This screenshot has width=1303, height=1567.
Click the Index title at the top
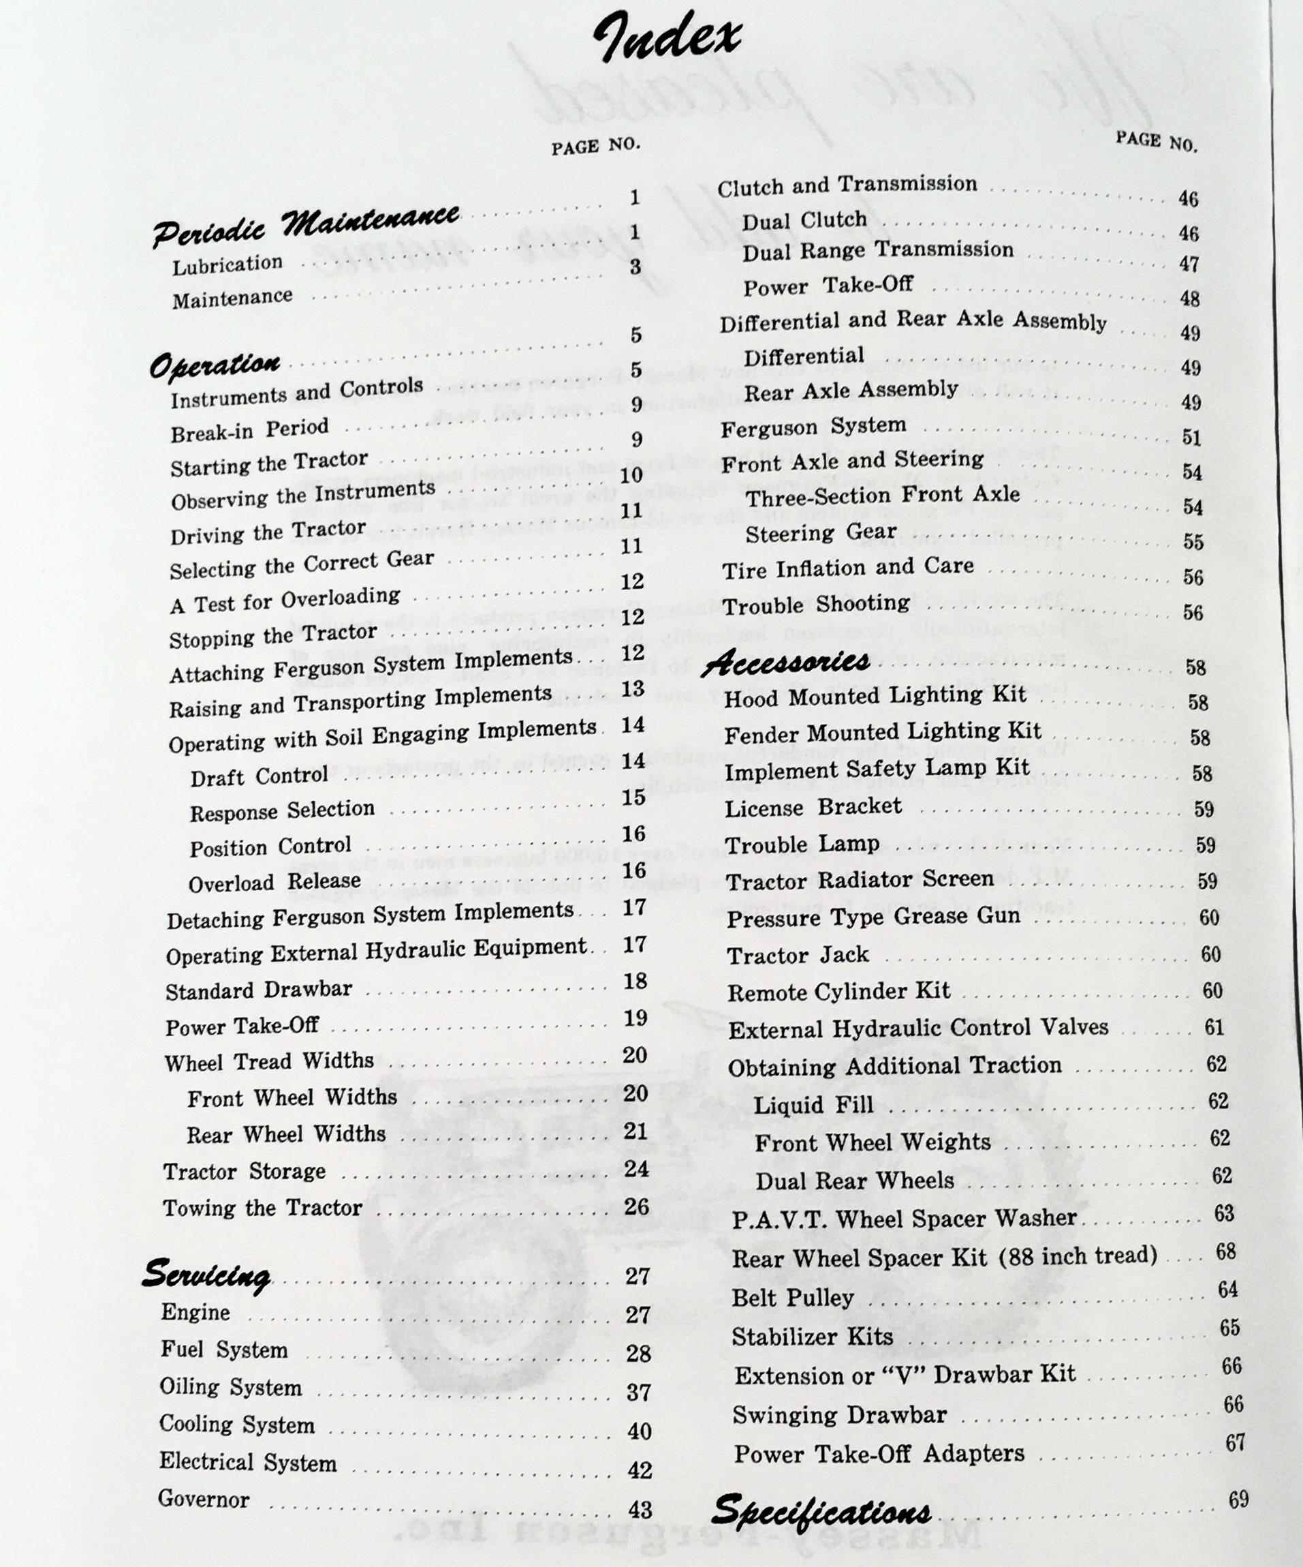(667, 39)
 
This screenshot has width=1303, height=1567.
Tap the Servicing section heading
(206, 1273)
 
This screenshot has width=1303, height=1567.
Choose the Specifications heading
(821, 1510)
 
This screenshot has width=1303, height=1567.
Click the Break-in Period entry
(249, 431)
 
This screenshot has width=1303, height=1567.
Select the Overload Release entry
(274, 883)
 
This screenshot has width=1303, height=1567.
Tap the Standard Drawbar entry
(258, 990)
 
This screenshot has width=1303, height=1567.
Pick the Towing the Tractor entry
(262, 1207)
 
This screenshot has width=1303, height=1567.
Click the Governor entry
(204, 1498)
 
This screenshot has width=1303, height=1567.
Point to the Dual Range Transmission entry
(878, 251)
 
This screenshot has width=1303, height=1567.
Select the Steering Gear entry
(821, 533)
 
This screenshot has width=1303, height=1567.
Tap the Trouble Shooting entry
(816, 605)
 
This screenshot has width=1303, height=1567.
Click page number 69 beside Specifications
(1238, 1499)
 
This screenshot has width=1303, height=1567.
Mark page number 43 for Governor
(640, 1510)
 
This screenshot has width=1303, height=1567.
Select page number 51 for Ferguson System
(1191, 438)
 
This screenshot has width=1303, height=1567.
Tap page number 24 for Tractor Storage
(636, 1168)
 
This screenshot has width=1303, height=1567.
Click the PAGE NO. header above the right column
(1156, 140)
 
